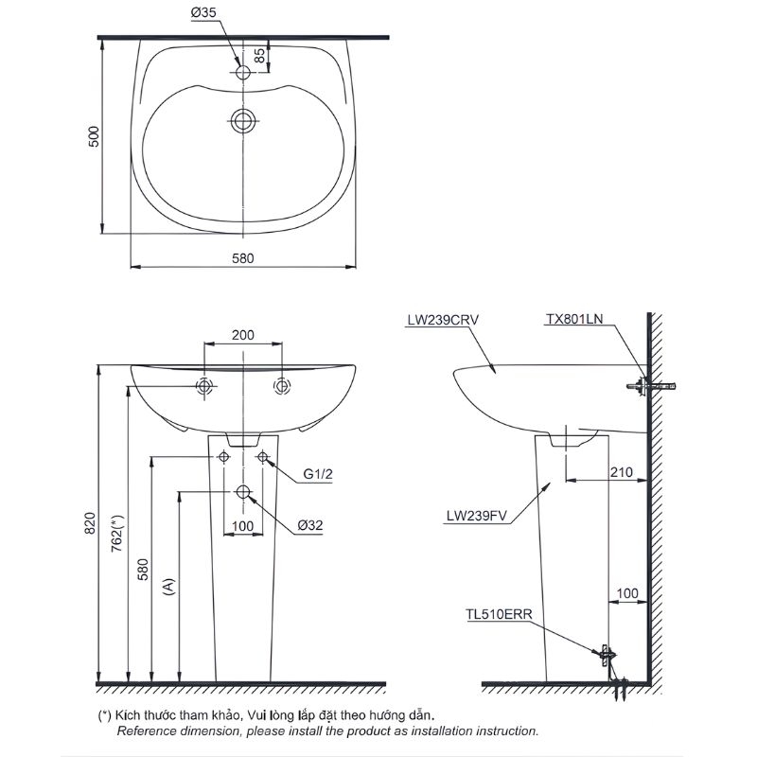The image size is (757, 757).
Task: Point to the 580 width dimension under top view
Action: click(x=244, y=256)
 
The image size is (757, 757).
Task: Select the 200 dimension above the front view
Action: click(x=243, y=335)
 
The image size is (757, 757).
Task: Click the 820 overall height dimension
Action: click(x=91, y=522)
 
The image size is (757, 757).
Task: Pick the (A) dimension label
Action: click(x=168, y=587)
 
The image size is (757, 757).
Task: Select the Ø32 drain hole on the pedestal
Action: click(x=243, y=492)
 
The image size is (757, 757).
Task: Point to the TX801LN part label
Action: click(x=573, y=320)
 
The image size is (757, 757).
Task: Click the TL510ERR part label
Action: click(x=498, y=613)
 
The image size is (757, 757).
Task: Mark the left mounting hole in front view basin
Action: click(x=204, y=386)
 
